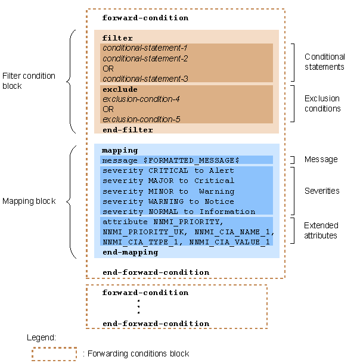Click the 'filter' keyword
coord(117,38)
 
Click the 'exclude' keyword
coord(120,89)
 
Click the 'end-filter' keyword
coord(128,130)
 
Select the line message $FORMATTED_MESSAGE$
coord(170,160)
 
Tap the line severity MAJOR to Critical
coord(168,181)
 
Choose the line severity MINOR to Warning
coord(168,191)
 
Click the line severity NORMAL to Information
coord(178,212)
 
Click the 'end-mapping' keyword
coord(130,252)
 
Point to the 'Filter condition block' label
coord(29,81)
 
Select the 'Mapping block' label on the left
coord(29,201)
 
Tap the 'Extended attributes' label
coord(321,231)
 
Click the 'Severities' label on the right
coord(321,191)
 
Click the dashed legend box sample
coord(54,354)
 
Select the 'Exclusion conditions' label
coord(322,104)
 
